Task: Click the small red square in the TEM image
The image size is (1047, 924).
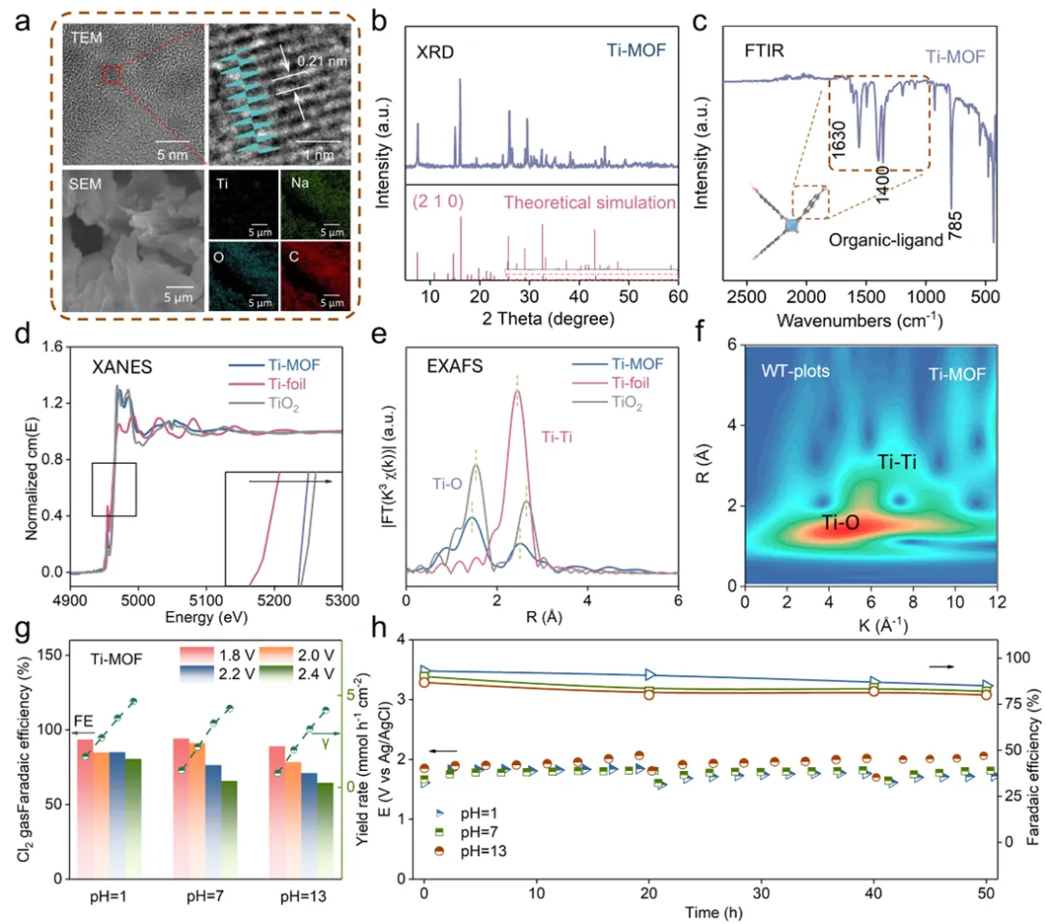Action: (111, 75)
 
